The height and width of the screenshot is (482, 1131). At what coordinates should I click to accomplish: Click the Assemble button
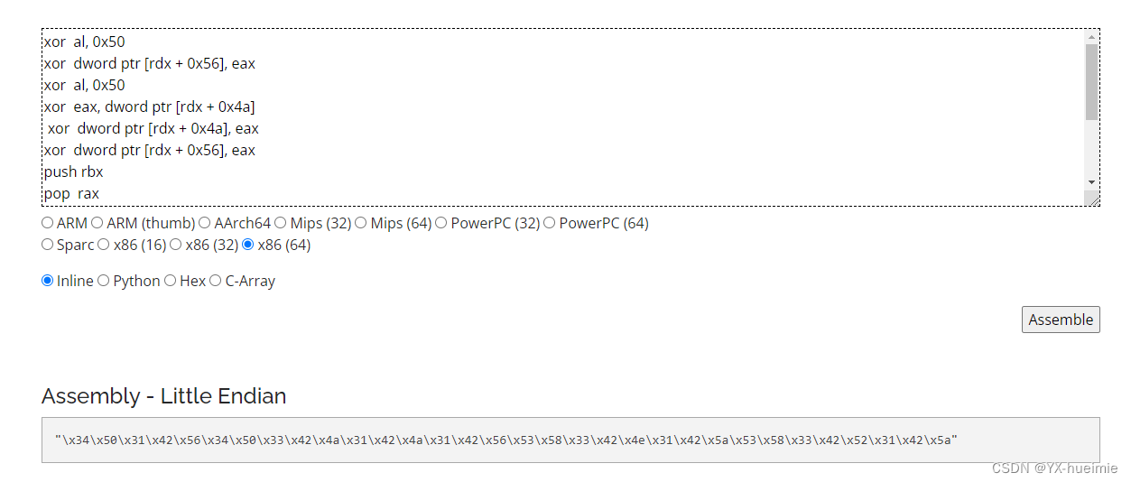[x=1061, y=320]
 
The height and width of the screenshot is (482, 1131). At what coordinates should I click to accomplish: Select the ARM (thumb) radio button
[x=97, y=223]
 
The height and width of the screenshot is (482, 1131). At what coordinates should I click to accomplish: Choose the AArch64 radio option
[x=205, y=223]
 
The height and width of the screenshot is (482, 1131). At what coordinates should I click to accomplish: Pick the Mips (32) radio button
[x=281, y=223]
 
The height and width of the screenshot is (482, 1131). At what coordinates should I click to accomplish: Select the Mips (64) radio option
[x=361, y=223]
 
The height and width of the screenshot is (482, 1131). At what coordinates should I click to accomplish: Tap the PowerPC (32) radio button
[x=441, y=223]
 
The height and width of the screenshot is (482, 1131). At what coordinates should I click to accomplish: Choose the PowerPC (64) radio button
[x=550, y=223]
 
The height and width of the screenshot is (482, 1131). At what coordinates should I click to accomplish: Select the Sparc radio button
[x=48, y=245]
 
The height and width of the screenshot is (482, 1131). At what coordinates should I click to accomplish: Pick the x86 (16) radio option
[x=104, y=245]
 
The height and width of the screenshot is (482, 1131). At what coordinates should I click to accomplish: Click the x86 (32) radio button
[x=176, y=245]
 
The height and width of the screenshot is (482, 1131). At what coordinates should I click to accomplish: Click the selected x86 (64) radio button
[x=248, y=245]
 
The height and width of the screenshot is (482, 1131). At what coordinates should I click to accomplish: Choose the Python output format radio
[x=104, y=281]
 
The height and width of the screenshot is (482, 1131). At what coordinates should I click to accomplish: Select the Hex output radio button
[x=171, y=281]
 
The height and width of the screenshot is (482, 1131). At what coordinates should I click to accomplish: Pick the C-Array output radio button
[x=216, y=281]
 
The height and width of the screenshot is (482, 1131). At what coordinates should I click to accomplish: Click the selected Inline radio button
[x=48, y=281]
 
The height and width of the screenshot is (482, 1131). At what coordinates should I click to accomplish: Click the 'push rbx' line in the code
[x=74, y=171]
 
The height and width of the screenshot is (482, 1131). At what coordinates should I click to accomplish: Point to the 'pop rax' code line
[x=72, y=193]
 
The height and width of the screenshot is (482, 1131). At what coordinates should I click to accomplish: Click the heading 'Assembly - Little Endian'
[x=164, y=396]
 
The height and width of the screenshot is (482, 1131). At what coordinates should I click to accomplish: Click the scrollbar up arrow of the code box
[x=1091, y=37]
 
